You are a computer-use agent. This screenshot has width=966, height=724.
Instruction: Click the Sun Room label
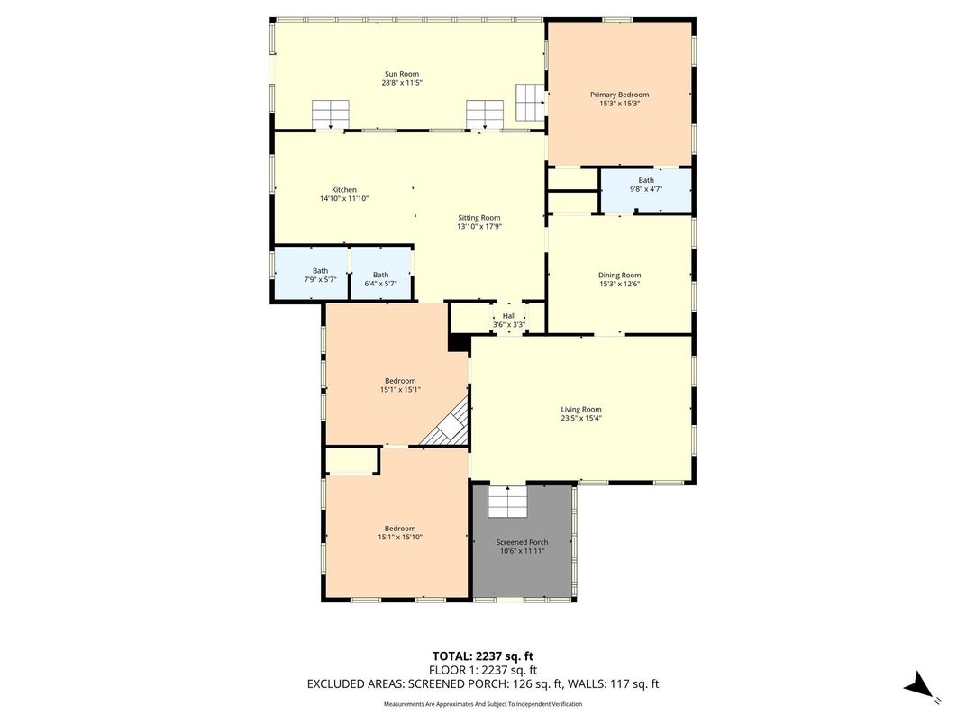pos(402,74)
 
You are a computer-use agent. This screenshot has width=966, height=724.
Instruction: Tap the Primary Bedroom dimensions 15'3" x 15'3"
pos(619,104)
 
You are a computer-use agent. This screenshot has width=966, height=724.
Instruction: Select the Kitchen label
pos(344,189)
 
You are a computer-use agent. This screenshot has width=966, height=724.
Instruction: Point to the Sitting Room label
pos(478,217)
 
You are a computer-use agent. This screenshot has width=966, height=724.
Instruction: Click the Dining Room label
pos(619,275)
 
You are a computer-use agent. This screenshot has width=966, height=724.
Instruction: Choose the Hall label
pos(509,316)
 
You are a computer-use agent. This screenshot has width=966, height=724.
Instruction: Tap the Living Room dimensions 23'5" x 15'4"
pos(581,418)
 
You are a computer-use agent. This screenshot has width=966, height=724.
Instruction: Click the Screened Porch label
pos(522,542)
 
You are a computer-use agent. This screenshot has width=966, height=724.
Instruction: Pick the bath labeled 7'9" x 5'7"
pos(320,275)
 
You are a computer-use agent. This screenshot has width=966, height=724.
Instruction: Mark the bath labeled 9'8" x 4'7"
pos(646,185)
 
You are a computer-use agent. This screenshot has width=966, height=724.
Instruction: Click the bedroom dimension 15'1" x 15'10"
pos(400,537)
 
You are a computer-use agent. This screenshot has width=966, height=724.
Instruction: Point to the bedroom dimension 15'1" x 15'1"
pos(400,389)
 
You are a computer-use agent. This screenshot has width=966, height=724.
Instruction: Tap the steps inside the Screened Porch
pos(506,501)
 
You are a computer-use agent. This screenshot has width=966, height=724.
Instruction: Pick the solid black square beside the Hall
pos(459,343)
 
